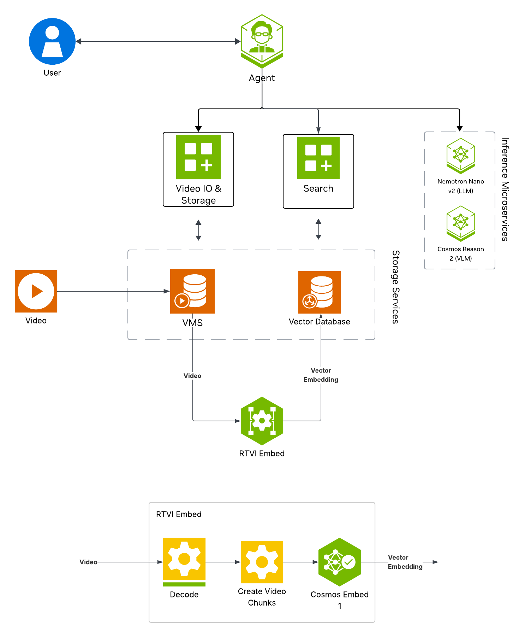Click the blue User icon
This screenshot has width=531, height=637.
pyautogui.click(x=52, y=41)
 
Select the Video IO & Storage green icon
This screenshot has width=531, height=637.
pyautogui.click(x=198, y=157)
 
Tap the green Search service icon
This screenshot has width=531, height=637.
pyautogui.click(x=318, y=158)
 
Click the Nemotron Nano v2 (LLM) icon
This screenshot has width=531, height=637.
pyautogui.click(x=460, y=156)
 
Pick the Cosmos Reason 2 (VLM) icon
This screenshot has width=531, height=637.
pyautogui.click(x=460, y=223)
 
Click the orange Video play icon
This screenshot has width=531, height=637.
pyautogui.click(x=36, y=291)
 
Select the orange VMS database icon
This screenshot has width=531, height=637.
pyautogui.click(x=192, y=291)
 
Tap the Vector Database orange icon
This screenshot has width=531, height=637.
pyautogui.click(x=319, y=292)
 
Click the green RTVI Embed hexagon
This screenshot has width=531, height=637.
pyautogui.click(x=262, y=421)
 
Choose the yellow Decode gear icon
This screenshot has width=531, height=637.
pyautogui.click(x=184, y=559)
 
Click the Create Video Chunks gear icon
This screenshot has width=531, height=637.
pyautogui.click(x=262, y=562)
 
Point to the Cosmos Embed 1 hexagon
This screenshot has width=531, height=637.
pyautogui.click(x=339, y=562)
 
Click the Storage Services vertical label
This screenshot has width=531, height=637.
pyautogui.click(x=395, y=287)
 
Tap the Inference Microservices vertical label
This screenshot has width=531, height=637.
pyautogui.click(x=505, y=189)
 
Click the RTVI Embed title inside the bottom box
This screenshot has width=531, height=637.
pyautogui.click(x=179, y=514)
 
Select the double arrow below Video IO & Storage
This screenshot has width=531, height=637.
pyautogui.click(x=198, y=230)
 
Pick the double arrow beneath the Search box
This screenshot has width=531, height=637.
pyautogui.click(x=318, y=229)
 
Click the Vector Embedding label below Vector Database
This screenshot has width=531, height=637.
pyautogui.click(x=321, y=375)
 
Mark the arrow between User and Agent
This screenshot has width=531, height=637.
pyautogui.click(x=158, y=41)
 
